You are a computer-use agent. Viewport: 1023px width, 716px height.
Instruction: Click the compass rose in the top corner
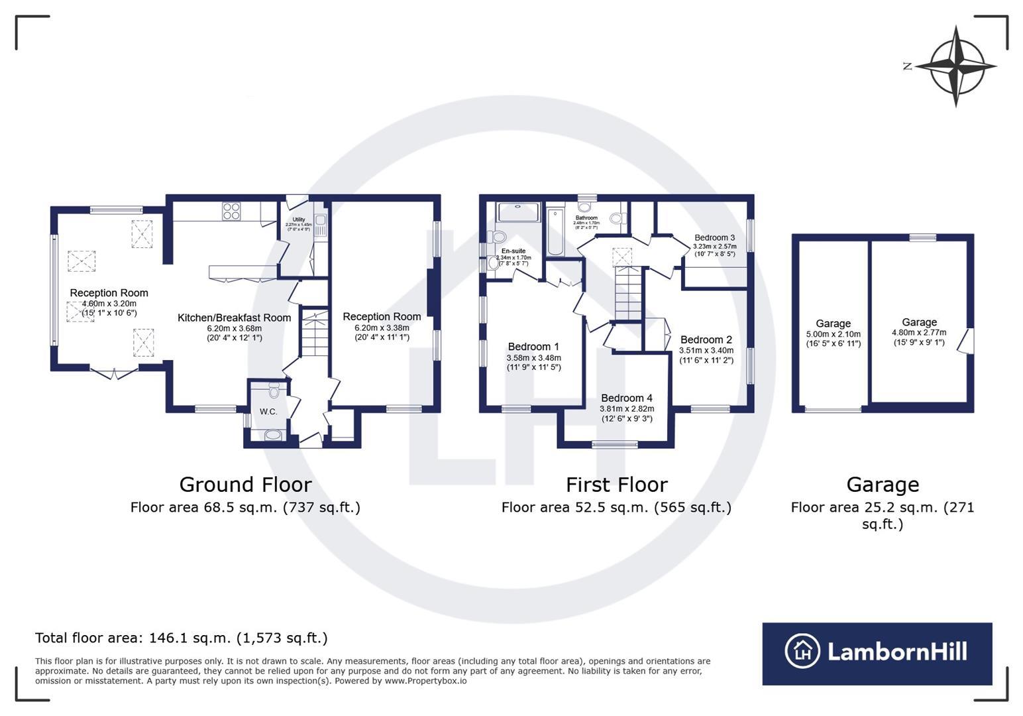955,66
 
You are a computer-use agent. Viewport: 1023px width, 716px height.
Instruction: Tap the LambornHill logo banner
877,653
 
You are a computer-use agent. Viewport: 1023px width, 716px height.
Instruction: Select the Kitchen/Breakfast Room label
234,318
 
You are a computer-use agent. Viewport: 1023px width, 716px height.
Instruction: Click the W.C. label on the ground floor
268,412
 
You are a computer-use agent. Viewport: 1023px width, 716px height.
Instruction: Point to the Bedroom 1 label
533,346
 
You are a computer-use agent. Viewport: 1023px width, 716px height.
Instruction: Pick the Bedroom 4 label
626,398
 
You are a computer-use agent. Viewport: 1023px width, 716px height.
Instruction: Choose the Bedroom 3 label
714,237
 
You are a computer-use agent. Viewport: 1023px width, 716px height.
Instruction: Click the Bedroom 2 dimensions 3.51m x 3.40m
706,351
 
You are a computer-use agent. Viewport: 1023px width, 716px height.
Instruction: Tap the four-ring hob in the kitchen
231,211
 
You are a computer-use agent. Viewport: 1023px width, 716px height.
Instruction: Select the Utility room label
298,219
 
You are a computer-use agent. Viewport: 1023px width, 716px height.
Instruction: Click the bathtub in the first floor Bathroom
555,232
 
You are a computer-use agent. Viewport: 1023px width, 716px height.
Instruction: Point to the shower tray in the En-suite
519,212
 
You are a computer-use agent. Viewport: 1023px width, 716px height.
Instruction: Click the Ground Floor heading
245,485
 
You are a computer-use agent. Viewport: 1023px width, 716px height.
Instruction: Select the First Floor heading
616,485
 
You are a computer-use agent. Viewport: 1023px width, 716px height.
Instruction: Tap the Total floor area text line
181,638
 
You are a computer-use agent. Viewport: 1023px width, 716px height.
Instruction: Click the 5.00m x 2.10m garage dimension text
833,334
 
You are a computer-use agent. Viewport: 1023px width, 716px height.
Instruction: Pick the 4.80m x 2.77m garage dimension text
919,333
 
